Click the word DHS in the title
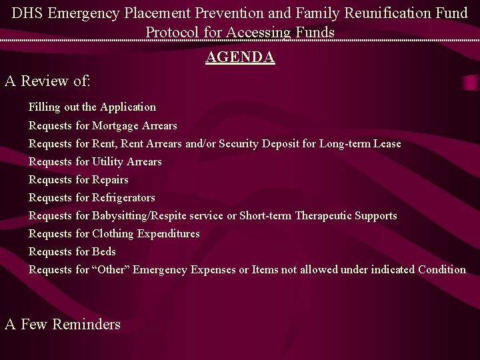tap(27, 13)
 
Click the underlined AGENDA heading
tap(240, 57)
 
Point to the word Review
tap(45, 81)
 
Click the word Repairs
tap(110, 180)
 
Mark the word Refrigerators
tap(123, 198)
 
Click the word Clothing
tap(113, 234)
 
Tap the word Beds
tap(104, 252)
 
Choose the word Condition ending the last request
tap(442, 270)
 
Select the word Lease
tap(387, 144)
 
